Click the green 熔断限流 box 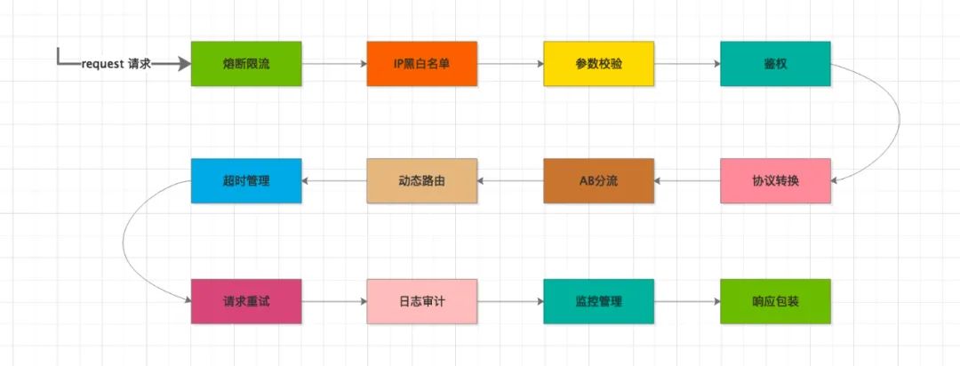246,64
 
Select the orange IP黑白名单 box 422,64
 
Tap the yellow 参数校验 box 598,64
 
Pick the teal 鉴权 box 774,64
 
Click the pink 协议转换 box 774,180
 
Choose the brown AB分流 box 598,180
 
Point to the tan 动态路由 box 422,180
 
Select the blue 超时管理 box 246,180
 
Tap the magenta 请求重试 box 246,301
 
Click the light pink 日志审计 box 422,301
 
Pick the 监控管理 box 598,301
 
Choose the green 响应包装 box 774,301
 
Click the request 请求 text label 116,64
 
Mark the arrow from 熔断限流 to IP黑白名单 334,64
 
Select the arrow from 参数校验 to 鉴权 686,64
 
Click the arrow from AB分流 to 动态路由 510,180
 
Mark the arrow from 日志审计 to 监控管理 510,301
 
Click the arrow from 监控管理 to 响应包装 686,301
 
